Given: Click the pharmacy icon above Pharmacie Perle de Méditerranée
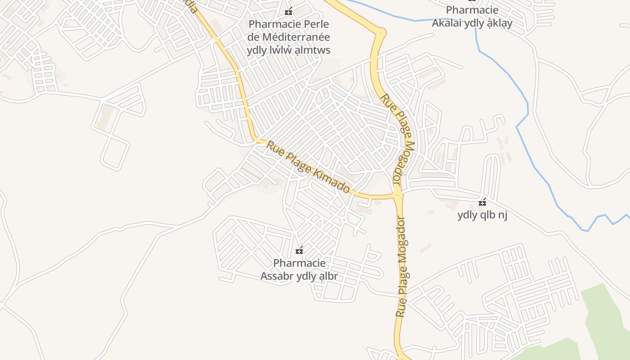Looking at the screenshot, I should pos(288,11).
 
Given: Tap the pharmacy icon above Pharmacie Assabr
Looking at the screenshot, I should pos(299,250).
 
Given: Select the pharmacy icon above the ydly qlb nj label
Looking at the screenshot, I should pos(482,202).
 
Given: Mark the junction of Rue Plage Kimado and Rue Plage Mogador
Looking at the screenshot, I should pos(397,195).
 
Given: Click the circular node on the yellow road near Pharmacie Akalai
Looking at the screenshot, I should pos(381,32).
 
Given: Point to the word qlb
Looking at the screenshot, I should pos(488,215).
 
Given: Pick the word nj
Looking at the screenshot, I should pos(503,215).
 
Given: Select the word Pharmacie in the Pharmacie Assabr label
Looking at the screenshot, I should pos(299,263).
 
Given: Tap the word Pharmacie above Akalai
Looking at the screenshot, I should pos(472,10).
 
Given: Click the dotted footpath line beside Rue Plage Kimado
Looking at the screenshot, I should pos(251,174).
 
